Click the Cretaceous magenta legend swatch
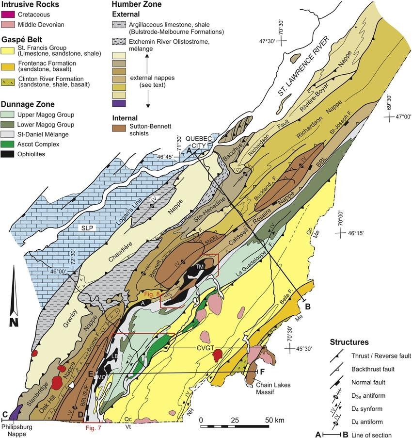point(8,15)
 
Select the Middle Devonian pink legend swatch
point(8,24)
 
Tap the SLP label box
point(88,228)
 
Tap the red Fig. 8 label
point(151,293)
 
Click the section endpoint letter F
point(263,372)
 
